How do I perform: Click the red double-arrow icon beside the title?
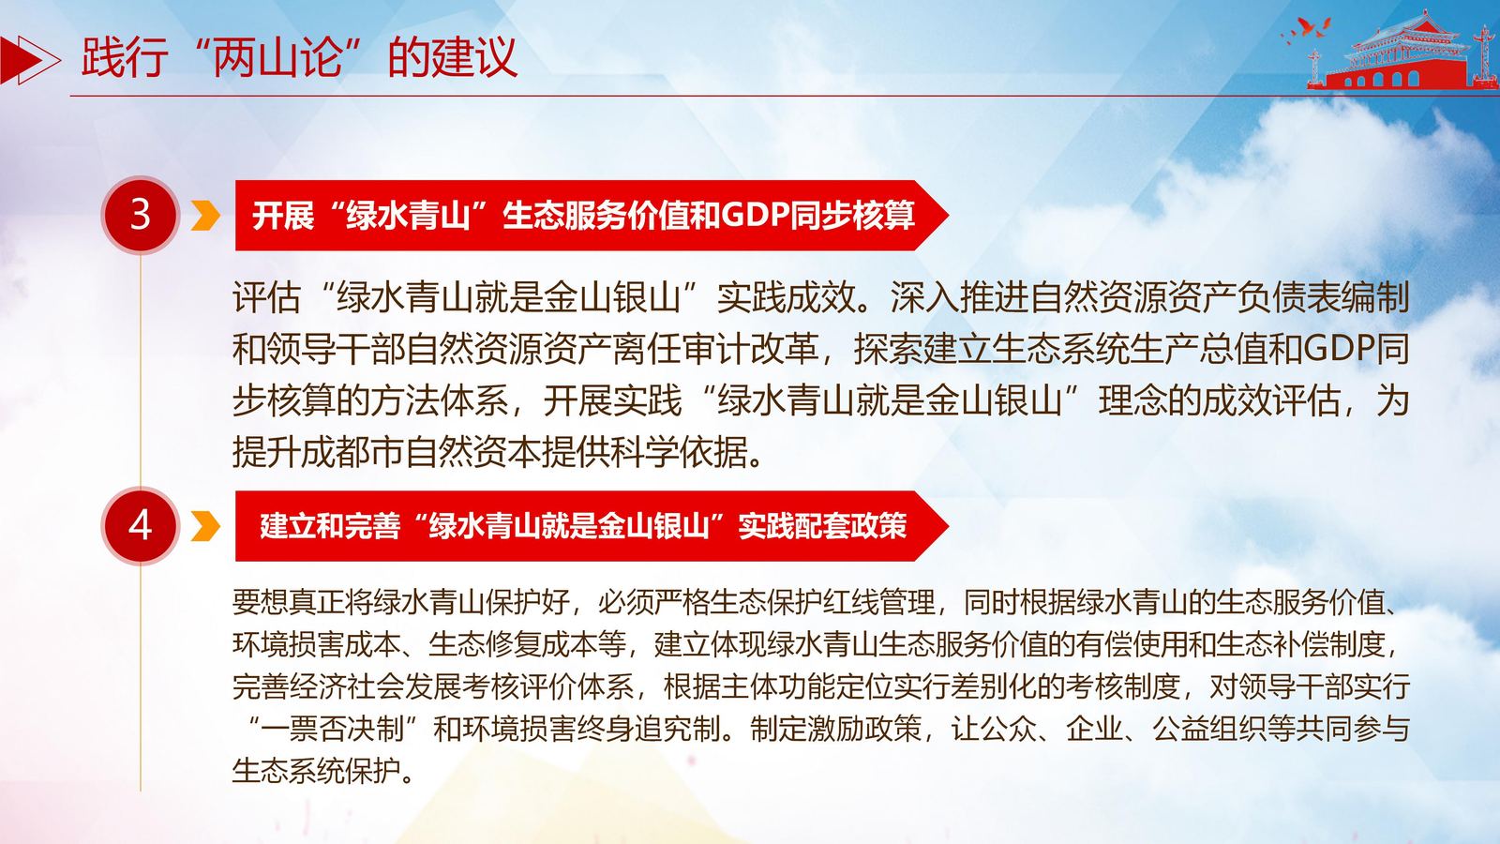[29, 60]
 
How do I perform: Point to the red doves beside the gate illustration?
[1306, 30]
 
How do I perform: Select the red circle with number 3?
[140, 215]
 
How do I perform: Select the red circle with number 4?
[140, 526]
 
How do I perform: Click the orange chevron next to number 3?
[205, 216]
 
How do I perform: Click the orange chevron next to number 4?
[205, 526]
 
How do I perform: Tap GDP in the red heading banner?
[754, 216]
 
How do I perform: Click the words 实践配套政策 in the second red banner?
[823, 526]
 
